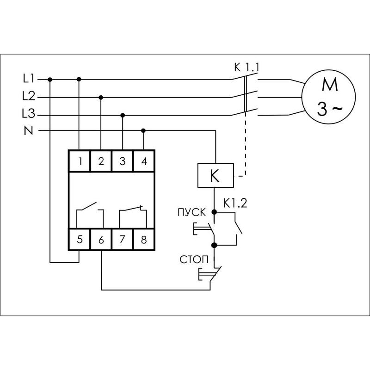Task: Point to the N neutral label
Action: coord(27,131)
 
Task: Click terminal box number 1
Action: coord(80,161)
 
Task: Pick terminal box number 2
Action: coord(101,161)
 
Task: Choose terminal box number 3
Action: coord(123,161)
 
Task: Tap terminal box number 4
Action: coord(143,161)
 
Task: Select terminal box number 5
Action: coord(80,240)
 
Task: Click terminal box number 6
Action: coord(101,240)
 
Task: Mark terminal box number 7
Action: coord(123,240)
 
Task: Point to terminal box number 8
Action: coord(143,240)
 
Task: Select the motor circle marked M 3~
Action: coord(329,97)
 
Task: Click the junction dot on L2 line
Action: coord(101,97)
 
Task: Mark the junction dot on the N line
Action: coord(143,130)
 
